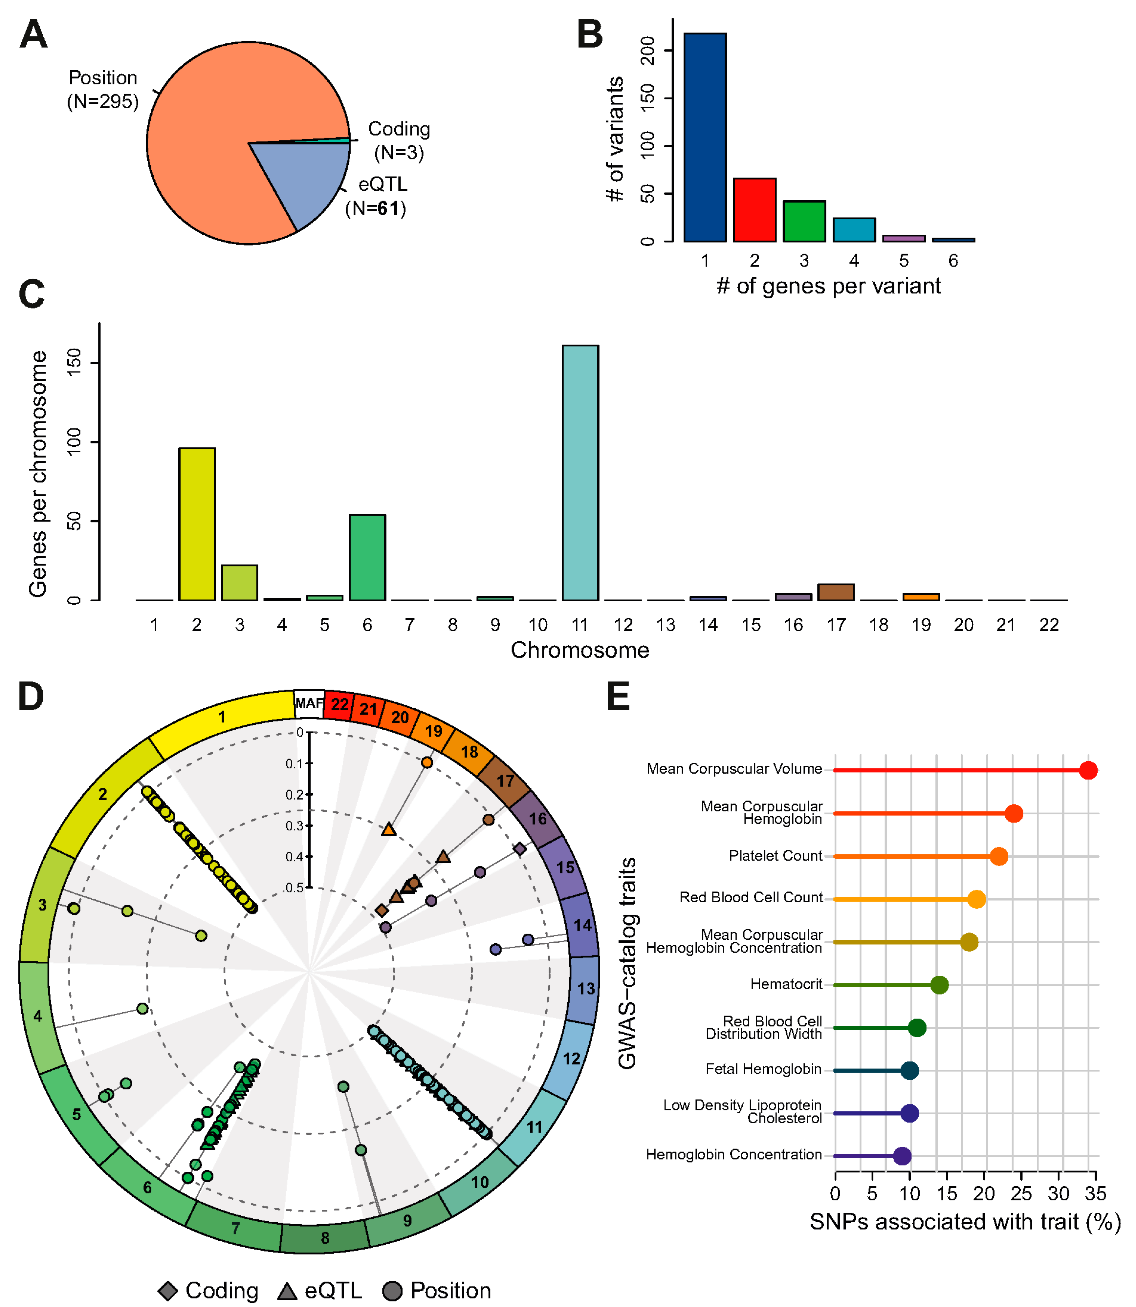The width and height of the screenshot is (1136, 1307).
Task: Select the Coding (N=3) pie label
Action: click(399, 141)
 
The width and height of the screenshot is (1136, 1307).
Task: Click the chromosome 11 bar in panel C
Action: click(580, 472)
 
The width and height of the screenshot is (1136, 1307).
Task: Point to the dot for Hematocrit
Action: click(939, 984)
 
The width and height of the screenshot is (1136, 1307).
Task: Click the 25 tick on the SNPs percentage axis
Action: click(1021, 1194)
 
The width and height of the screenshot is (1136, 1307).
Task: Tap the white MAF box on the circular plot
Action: click(309, 704)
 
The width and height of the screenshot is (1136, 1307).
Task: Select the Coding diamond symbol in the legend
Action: click(168, 1291)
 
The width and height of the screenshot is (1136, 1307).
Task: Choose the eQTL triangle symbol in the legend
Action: click(287, 1291)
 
